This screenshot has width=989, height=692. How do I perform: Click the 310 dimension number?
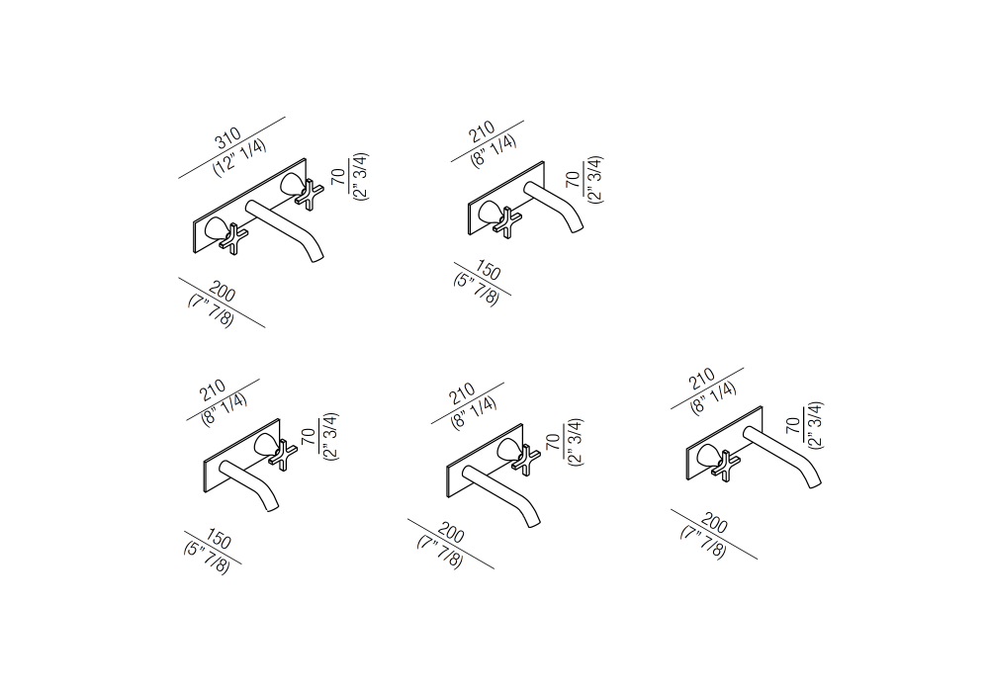click(229, 138)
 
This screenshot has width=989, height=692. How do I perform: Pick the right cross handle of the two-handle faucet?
click(309, 194)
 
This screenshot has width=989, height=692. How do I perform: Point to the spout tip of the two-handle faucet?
click(316, 257)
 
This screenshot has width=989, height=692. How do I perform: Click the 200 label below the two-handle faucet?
click(222, 293)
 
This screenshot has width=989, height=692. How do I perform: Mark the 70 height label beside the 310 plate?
click(338, 177)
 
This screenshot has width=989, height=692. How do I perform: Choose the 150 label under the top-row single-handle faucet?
click(487, 271)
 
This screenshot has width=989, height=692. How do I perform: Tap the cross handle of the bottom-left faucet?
click(283, 454)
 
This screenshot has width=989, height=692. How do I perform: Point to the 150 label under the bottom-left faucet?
click(218, 540)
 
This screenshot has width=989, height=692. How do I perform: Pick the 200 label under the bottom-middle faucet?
click(450, 533)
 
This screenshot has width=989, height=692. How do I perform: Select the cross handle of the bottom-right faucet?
click(726, 466)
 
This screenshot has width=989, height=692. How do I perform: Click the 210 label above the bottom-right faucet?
click(701, 380)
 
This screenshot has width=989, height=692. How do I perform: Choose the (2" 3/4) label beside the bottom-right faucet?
click(815, 425)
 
